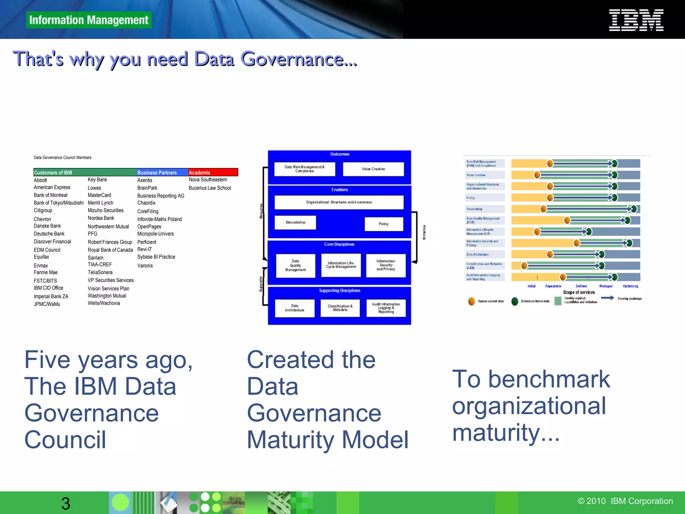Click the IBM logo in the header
636,20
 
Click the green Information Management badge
89,20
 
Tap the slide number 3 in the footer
66,503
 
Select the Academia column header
213,172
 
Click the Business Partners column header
157,172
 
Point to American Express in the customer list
52,187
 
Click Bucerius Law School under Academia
210,188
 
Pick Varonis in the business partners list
145,266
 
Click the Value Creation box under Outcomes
373,169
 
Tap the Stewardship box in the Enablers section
295,223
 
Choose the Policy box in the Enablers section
384,224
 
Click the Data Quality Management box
295,266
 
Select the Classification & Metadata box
340,308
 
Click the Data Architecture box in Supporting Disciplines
295,308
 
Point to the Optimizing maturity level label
630,286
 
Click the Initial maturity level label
531,286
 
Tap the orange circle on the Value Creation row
537,175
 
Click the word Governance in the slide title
292,59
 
